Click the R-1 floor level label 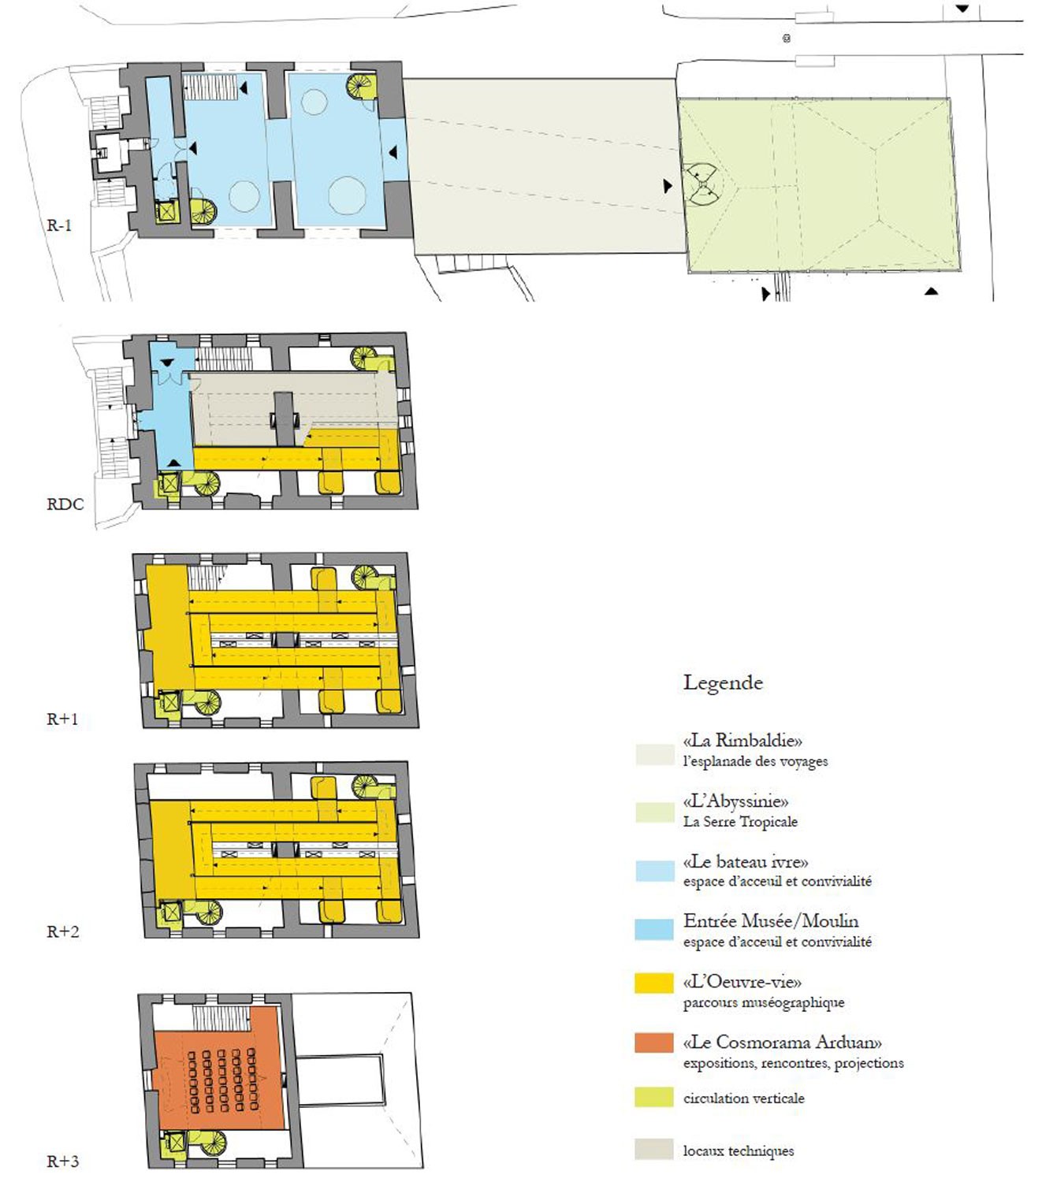[59, 226]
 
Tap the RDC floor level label [65, 504]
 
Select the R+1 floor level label [62, 719]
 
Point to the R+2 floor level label [62, 931]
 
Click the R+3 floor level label [62, 1145]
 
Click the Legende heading [724, 683]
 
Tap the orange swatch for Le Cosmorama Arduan [653, 1043]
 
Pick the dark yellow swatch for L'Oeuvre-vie [653, 982]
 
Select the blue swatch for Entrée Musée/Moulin [653, 929]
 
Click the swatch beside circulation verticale [653, 1098]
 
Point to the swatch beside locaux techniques [653, 1149]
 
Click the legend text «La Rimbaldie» [742, 741]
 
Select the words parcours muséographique [764, 1003]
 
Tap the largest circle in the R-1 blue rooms [347, 195]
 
